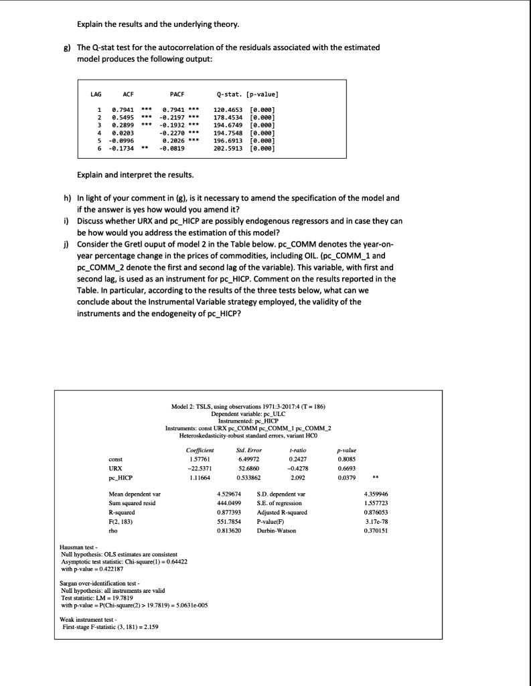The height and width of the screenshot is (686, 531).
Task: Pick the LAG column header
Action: pyautogui.click(x=97, y=95)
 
